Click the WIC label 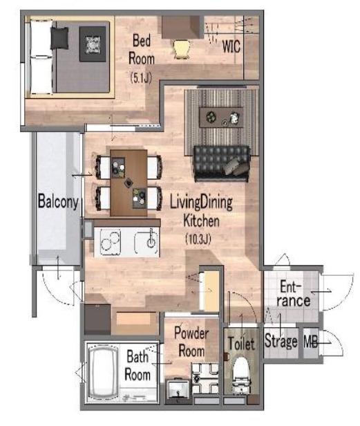[231, 46]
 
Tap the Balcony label [58, 202]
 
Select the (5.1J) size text [141, 77]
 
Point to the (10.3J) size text [198, 239]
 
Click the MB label [310, 341]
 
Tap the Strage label [281, 341]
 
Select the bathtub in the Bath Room [104, 371]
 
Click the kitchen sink [147, 242]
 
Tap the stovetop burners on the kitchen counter [110, 242]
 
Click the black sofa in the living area [222, 163]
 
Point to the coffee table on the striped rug [221, 117]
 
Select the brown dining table [129, 183]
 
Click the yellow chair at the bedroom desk [182, 49]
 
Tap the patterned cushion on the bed [93, 44]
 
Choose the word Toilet [242, 344]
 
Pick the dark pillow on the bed [59, 38]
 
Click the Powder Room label [191, 342]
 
